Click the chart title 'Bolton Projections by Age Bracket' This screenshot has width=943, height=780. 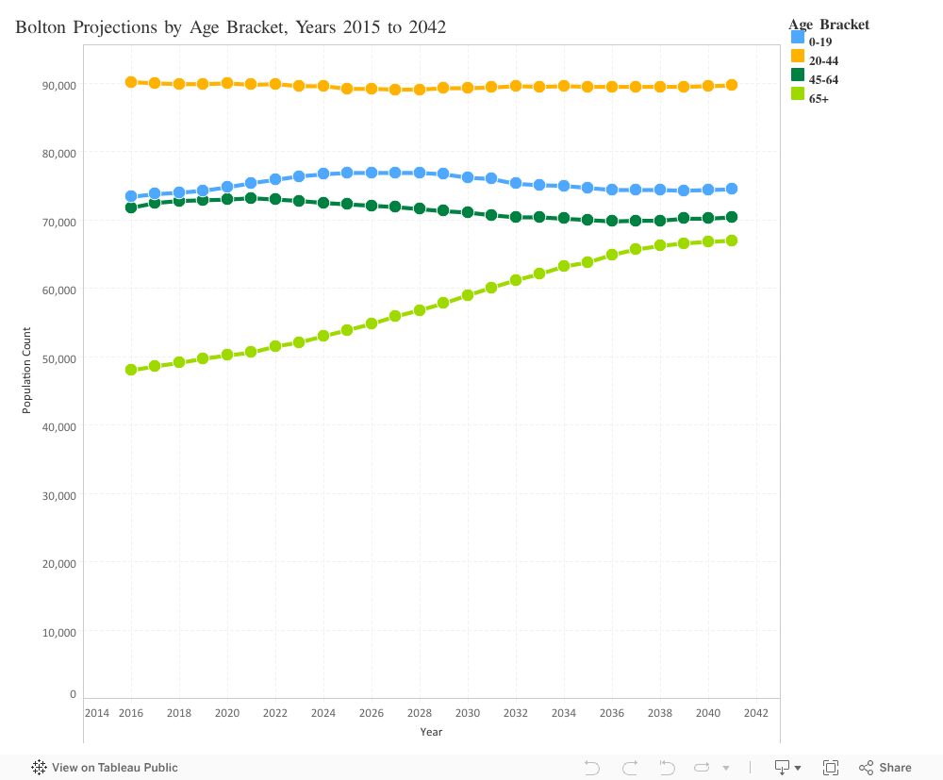coord(231,27)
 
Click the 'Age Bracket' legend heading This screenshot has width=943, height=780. coord(829,25)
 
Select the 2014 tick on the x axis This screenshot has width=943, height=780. coord(96,713)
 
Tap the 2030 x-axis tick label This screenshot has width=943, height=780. coord(468,713)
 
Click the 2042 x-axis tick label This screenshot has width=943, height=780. coord(755,713)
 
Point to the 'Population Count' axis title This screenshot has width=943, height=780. coord(27,370)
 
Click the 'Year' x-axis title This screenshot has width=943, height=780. coord(431,732)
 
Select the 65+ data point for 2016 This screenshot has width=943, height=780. coord(131,370)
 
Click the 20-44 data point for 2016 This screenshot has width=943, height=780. coord(131,82)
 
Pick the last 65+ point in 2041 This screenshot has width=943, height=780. coord(732,241)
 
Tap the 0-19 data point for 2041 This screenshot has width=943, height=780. coord(732,189)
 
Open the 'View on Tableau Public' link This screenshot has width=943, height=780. coord(105,768)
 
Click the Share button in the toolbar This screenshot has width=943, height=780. coord(885,768)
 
